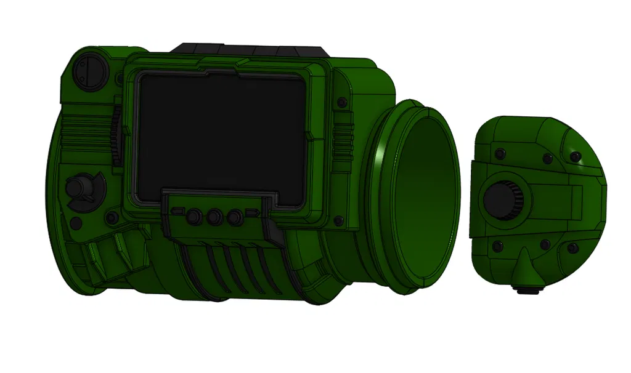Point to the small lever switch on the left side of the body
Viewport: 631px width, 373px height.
[82, 187]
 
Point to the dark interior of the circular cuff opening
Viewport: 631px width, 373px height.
[425, 197]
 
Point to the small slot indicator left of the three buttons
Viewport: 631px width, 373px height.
[178, 212]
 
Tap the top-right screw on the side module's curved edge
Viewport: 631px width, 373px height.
[575, 157]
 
